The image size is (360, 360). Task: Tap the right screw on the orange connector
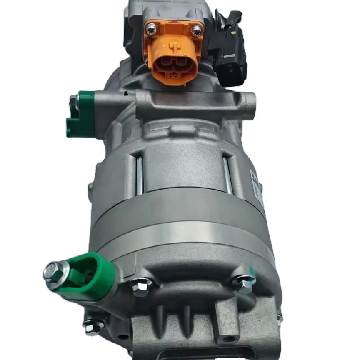click(196, 29)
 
